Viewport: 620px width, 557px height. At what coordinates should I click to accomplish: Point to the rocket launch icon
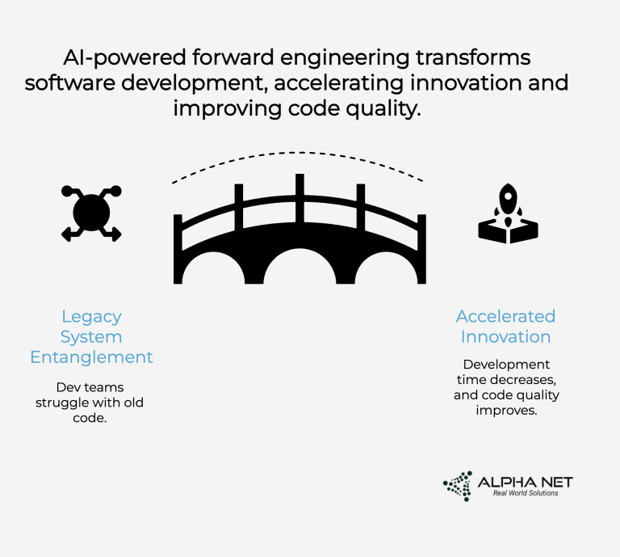point(507,213)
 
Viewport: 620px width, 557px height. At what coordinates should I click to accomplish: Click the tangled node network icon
point(91,213)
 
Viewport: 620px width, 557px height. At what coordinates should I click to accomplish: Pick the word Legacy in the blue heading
point(91,316)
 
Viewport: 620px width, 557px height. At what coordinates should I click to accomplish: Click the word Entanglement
point(91,357)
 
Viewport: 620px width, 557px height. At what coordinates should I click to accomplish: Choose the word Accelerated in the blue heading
point(506,316)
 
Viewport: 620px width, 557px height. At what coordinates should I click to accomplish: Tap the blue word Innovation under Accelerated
point(506,336)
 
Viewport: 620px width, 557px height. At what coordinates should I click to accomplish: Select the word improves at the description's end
point(506,410)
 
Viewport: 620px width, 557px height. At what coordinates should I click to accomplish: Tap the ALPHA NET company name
point(525,482)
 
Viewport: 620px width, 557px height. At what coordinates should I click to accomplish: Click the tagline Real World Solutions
point(526,493)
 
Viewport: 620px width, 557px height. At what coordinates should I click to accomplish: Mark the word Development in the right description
point(506,365)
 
